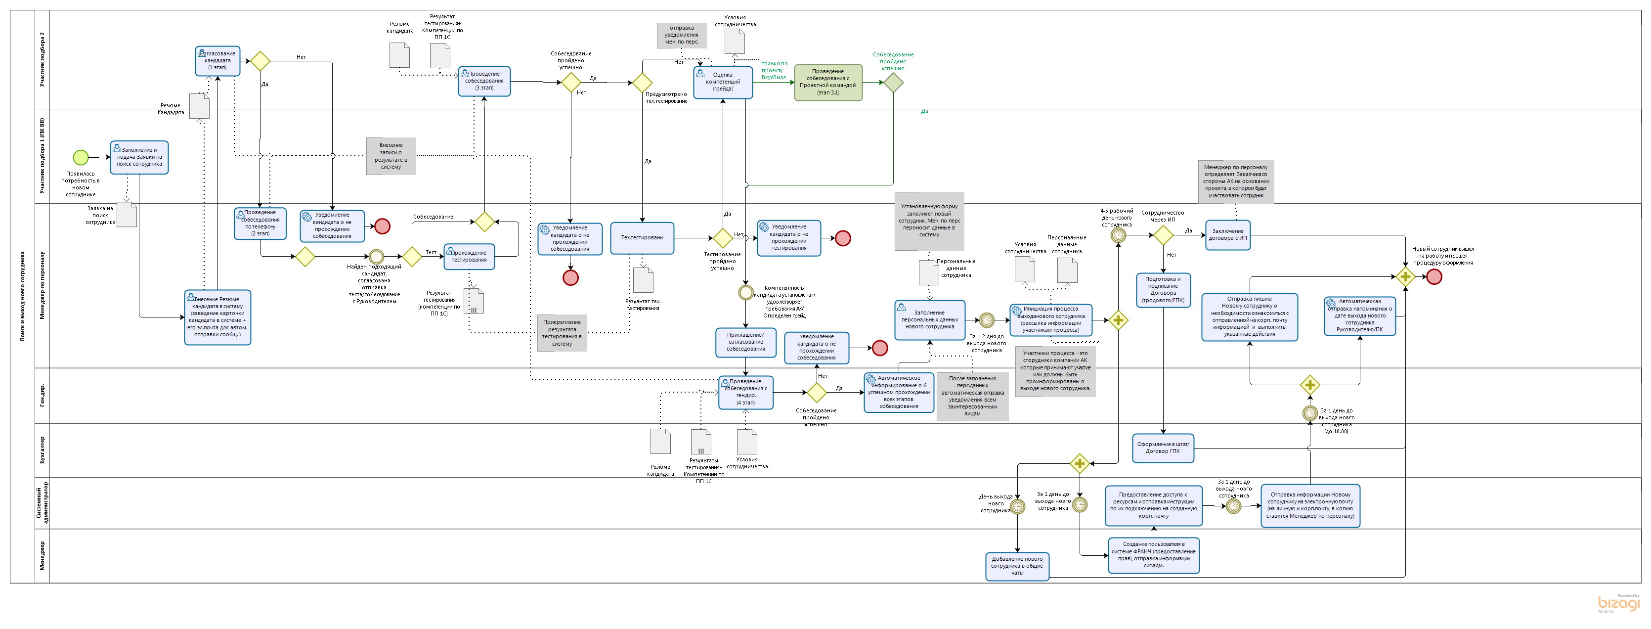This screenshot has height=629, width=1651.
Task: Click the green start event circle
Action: pos(81,157)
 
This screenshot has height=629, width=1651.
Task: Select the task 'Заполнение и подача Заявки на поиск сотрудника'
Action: pos(139,158)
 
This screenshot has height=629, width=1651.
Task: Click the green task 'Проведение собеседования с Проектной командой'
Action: pos(828,83)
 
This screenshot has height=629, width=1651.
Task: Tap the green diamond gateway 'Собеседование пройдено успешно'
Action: pos(893,83)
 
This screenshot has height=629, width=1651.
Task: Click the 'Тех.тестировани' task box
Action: pos(642,238)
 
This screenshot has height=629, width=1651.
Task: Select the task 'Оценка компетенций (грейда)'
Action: pos(723,83)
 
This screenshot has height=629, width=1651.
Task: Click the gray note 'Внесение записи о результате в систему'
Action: pos(391,156)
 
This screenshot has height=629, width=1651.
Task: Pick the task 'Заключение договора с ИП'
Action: pos(1227,235)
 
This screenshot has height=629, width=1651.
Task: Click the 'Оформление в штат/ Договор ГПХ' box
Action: pos(1163,448)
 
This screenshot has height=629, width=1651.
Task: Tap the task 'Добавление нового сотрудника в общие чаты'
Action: pos(1017,566)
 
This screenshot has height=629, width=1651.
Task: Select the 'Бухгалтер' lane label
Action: pos(43,450)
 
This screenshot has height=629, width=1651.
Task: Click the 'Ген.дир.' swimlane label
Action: pos(43,395)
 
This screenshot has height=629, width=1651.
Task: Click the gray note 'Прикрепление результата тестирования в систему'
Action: pos(562,333)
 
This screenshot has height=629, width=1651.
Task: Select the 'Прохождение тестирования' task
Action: pos(469,257)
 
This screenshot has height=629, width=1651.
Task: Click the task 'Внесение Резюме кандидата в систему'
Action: pos(217,317)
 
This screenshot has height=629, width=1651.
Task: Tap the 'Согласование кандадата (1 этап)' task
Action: pos(218,61)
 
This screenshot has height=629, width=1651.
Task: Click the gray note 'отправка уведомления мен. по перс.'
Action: pos(681,35)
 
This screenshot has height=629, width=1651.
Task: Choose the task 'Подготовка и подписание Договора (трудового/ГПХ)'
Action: pos(1163,290)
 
